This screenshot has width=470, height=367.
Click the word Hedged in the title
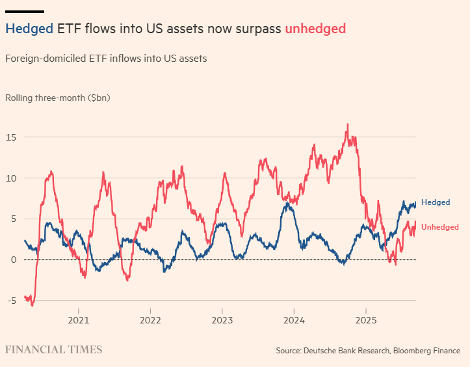pyautogui.click(x=29, y=29)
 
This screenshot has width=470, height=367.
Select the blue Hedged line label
pyautogui.click(x=435, y=202)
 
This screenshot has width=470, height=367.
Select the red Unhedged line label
pyautogui.click(x=440, y=227)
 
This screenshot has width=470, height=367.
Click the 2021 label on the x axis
pyautogui.click(x=79, y=320)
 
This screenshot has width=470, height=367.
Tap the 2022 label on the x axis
pyautogui.click(x=150, y=320)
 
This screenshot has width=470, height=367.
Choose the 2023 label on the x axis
pyautogui.click(x=222, y=320)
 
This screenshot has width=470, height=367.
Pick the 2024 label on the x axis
pyautogui.click(x=294, y=320)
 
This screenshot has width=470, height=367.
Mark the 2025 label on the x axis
pyautogui.click(x=365, y=320)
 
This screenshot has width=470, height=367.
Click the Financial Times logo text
pyautogui.click(x=54, y=350)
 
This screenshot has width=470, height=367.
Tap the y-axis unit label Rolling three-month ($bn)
pyautogui.click(x=58, y=98)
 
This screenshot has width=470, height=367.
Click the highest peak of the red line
pyautogui.click(x=348, y=124)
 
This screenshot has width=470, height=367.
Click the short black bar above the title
pyautogui.click(x=25, y=12)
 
